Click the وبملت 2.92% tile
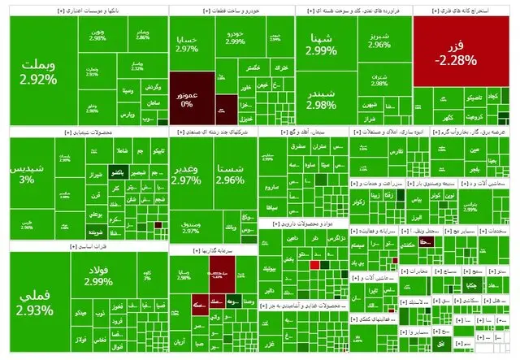click(x=39, y=72)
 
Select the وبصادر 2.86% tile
click(x=142, y=36)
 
